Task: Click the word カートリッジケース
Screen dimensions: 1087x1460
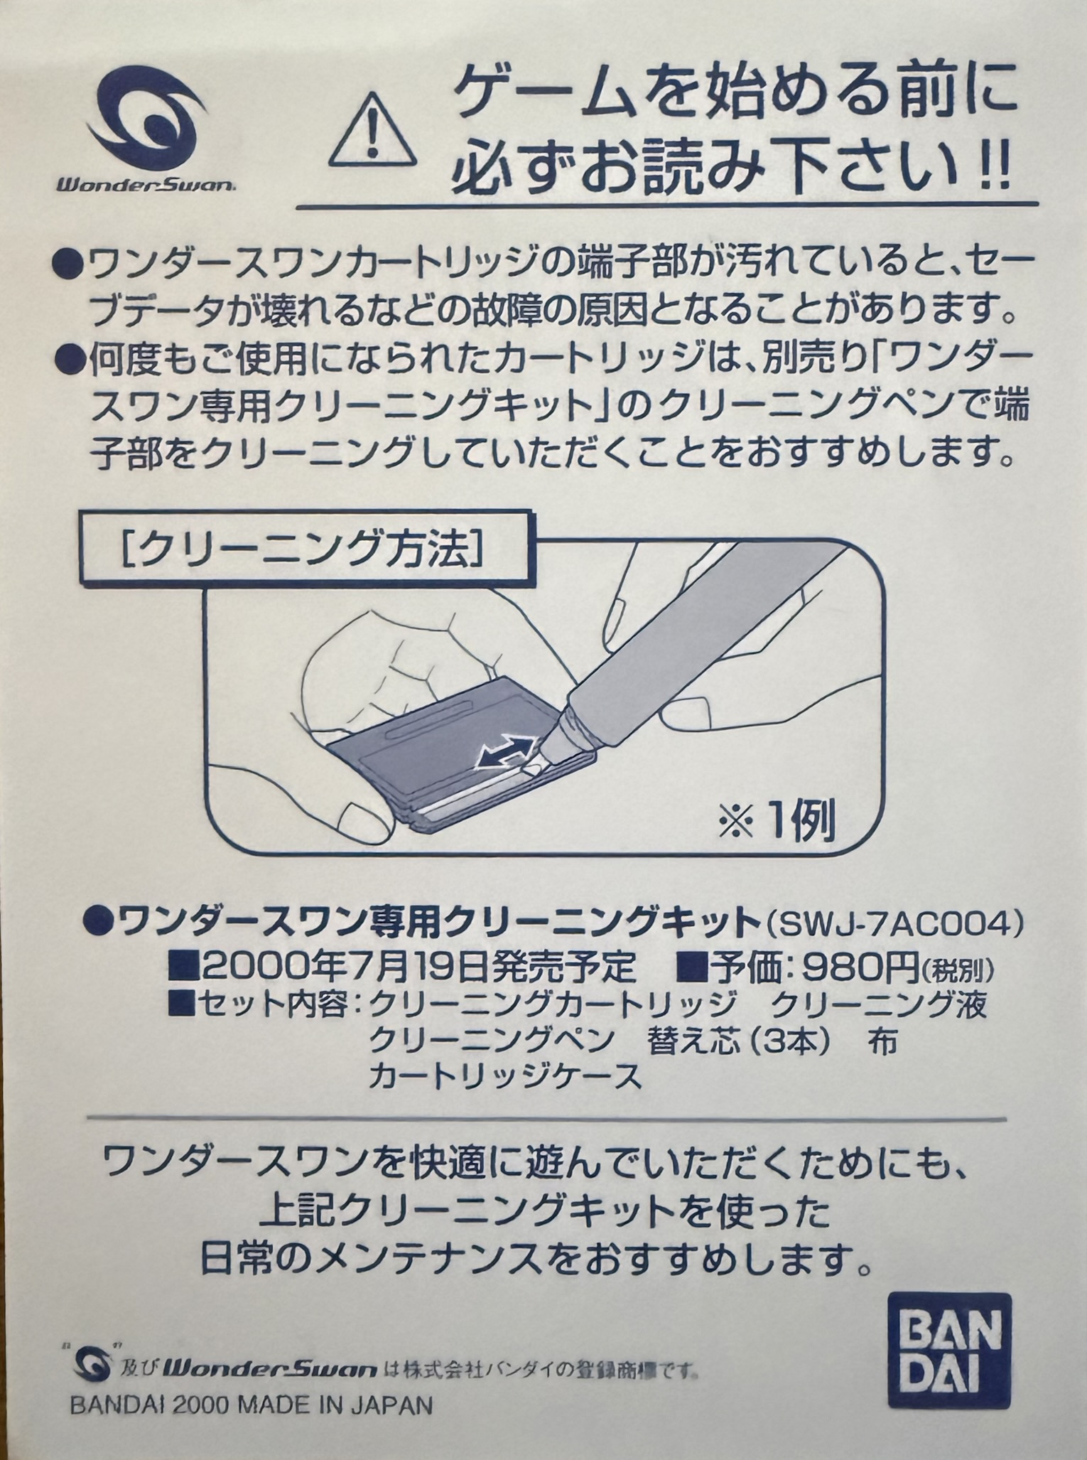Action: [x=505, y=1078]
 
